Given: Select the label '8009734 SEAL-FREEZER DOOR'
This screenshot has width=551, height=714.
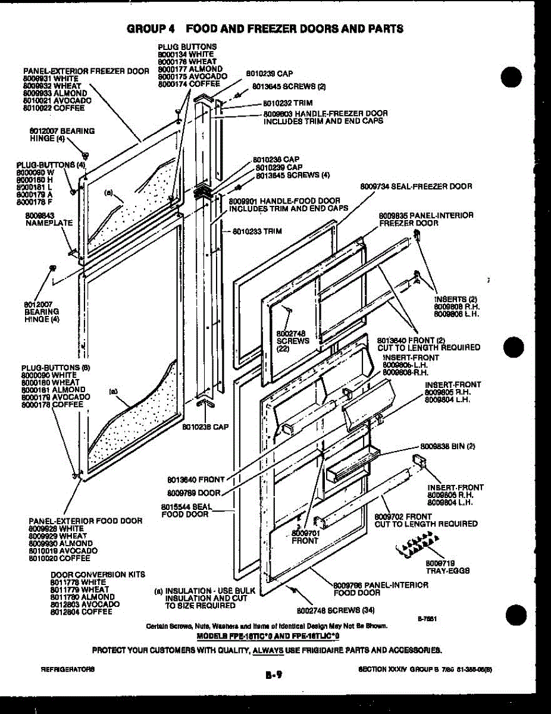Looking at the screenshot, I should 416,186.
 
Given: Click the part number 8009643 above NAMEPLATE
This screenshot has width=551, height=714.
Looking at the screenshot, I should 40,215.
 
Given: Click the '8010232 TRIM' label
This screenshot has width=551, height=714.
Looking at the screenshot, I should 288,103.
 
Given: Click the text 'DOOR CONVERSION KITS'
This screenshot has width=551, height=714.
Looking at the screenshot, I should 98,575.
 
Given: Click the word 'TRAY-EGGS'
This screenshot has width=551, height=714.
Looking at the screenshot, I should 447,571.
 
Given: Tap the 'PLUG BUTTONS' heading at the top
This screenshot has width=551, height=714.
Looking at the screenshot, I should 187,46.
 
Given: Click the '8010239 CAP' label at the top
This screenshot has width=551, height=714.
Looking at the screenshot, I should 269,74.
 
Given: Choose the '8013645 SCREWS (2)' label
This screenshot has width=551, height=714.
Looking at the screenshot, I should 289,86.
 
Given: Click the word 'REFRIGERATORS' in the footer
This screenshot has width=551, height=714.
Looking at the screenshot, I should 67,669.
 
